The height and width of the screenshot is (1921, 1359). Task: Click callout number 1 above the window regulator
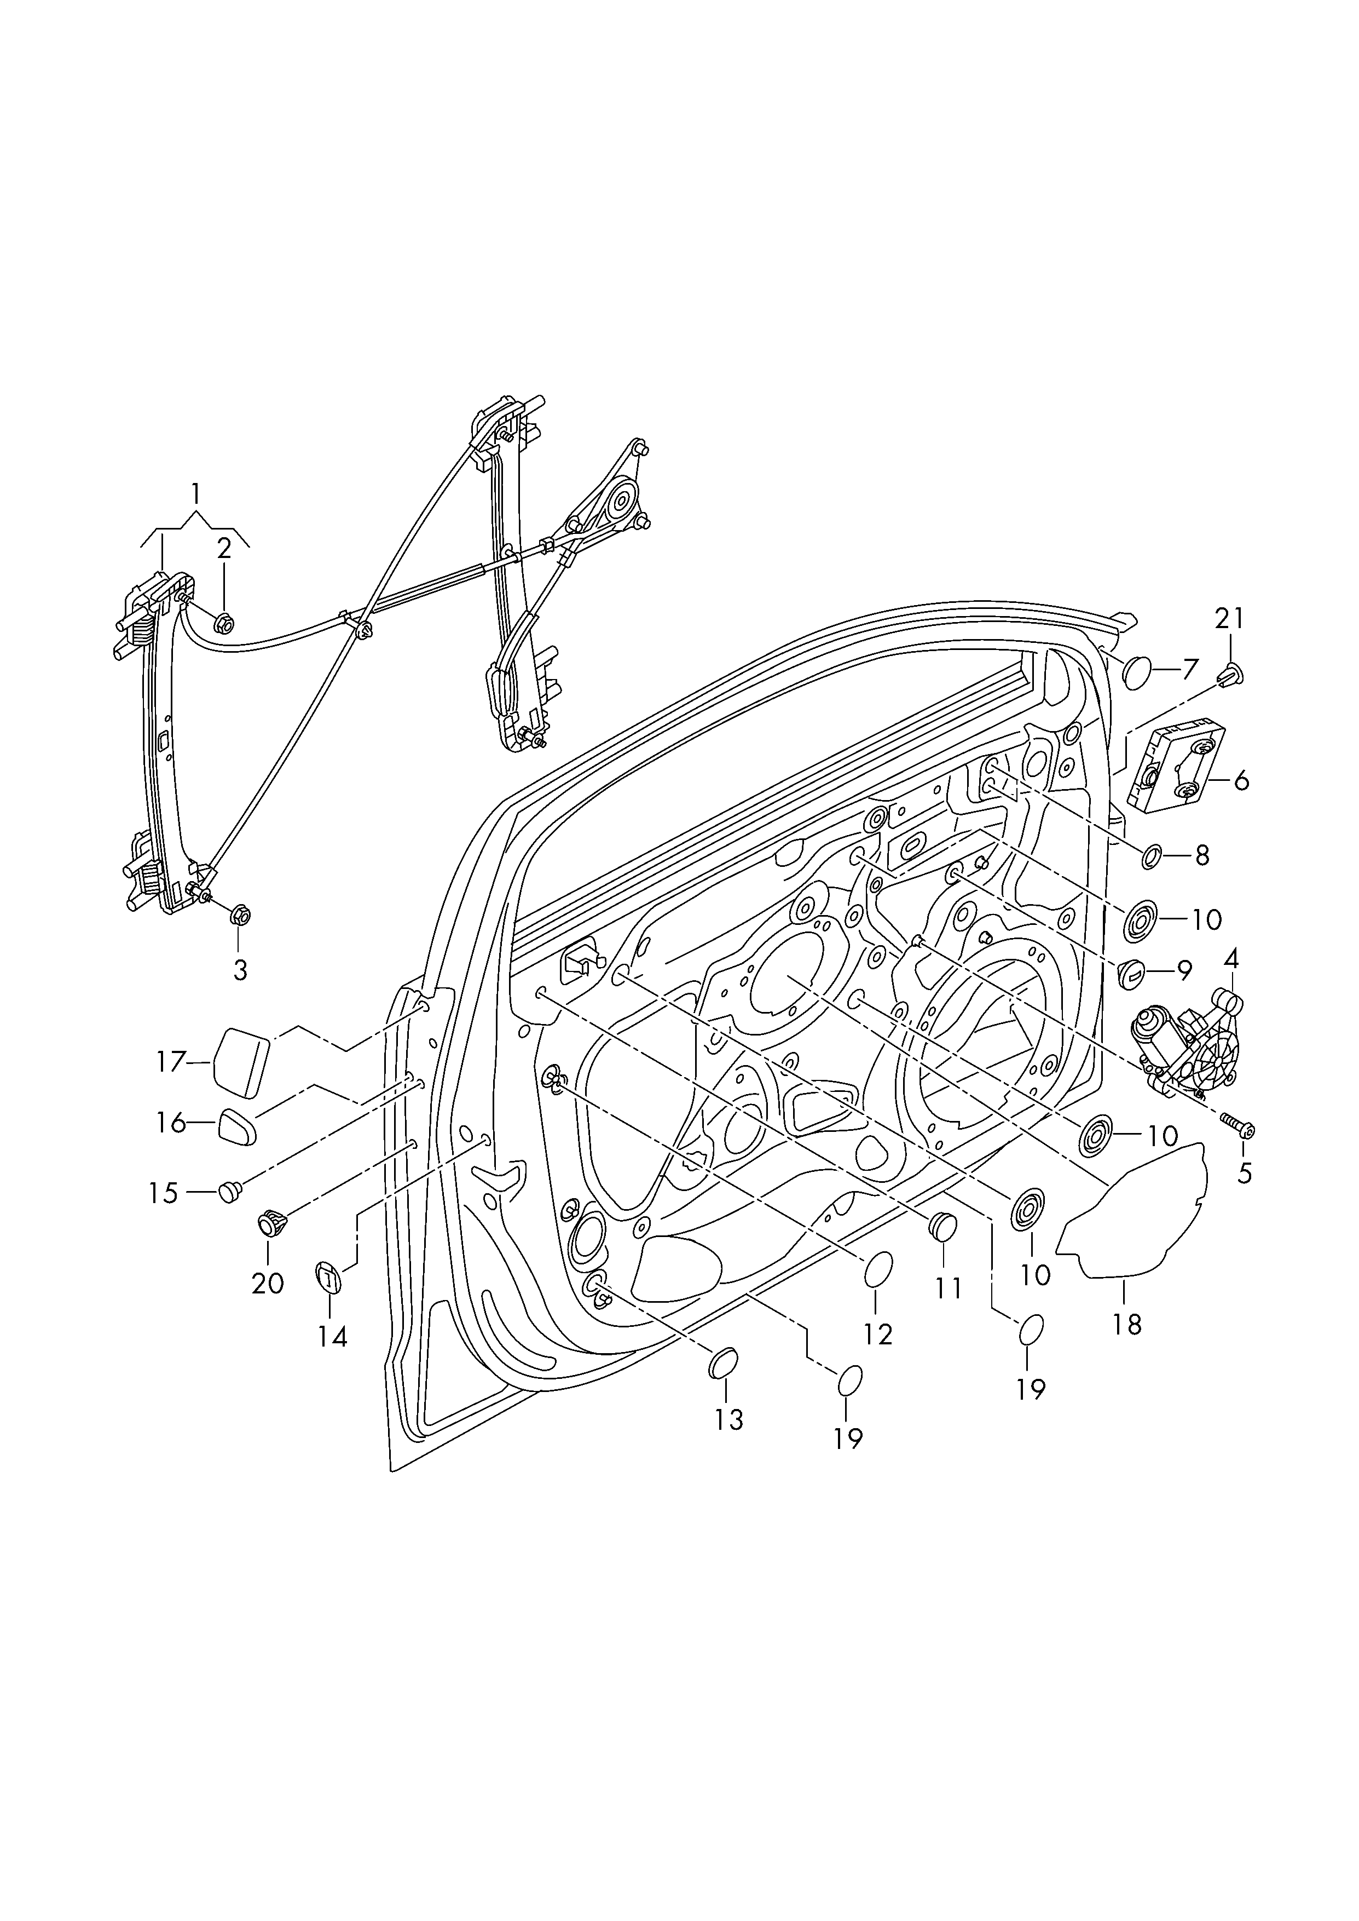pyautogui.click(x=196, y=494)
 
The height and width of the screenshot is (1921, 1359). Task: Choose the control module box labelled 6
pyautogui.click(x=1175, y=768)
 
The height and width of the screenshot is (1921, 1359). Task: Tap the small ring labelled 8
pyautogui.click(x=1152, y=855)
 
